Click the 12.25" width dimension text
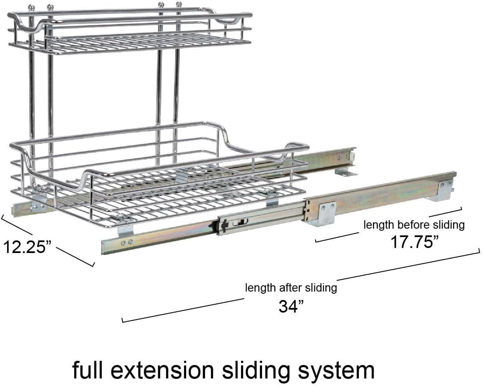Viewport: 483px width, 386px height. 27,246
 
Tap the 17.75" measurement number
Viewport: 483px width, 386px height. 415,242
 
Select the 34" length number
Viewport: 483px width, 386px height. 291,307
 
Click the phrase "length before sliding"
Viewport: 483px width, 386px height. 414,225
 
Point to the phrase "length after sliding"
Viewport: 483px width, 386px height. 291,288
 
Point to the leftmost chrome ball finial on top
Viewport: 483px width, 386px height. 31,7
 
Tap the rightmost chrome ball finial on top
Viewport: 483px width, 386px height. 179,5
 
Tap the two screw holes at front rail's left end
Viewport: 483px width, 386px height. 127,242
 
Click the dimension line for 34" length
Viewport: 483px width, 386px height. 182,310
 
